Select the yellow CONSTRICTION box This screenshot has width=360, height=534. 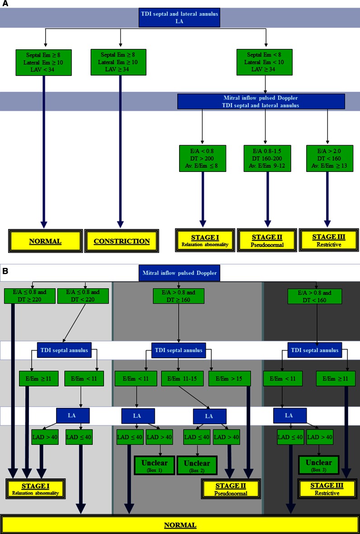coord(121,241)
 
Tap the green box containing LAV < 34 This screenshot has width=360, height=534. coord(44,62)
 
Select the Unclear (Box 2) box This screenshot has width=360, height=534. coord(196,465)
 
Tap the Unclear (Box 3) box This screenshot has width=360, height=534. coord(319,465)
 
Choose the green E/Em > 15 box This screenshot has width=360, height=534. coord(227,378)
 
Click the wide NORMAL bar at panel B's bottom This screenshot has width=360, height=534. coord(180,525)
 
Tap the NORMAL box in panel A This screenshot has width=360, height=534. coord(45,241)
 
